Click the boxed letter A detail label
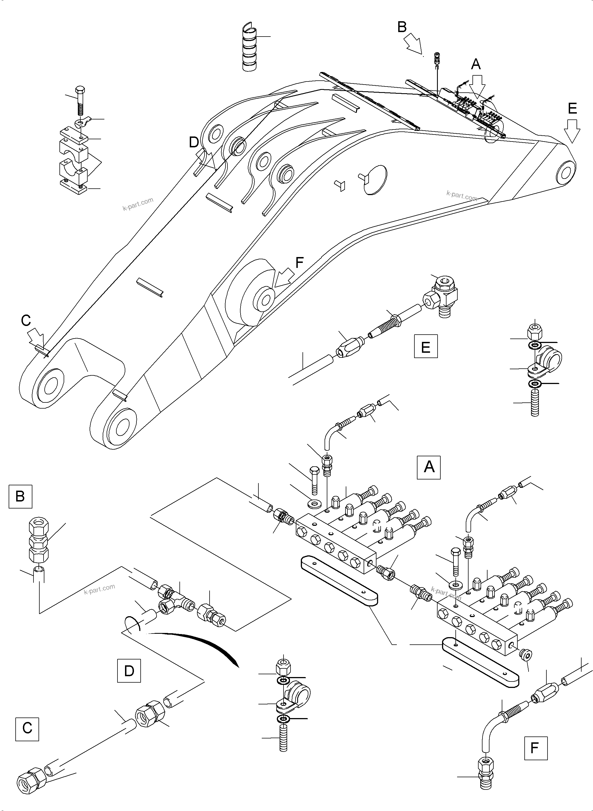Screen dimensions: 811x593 428,467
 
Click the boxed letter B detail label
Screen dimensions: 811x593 20,496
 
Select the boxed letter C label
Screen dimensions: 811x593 27,728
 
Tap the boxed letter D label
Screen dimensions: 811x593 129,670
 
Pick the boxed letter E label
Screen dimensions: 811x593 426,346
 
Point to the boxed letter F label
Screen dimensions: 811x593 536,748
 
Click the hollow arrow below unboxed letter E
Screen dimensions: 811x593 572,130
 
